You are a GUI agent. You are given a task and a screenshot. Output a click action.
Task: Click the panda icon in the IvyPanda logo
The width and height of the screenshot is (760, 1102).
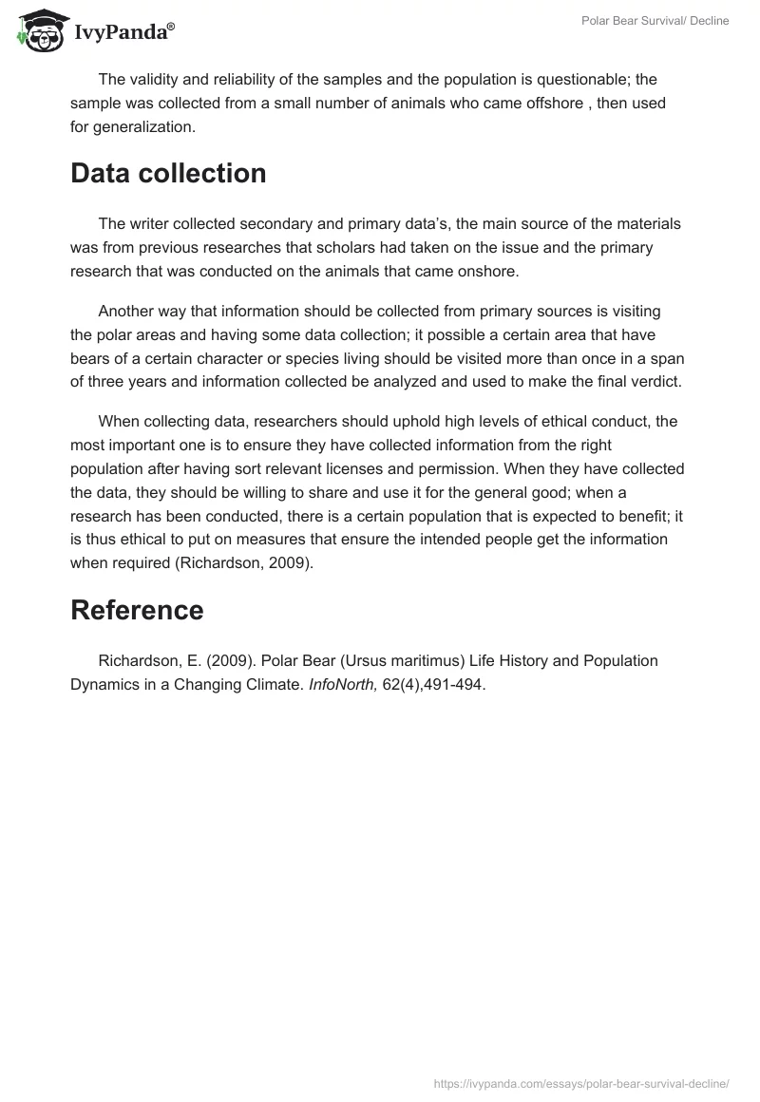click(x=38, y=29)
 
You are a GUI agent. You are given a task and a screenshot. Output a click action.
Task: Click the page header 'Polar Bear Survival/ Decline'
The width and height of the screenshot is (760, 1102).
click(x=655, y=21)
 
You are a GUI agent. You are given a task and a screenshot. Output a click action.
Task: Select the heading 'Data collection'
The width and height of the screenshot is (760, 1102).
click(x=168, y=174)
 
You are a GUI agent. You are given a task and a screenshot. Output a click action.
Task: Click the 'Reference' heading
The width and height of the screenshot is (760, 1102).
click(x=137, y=610)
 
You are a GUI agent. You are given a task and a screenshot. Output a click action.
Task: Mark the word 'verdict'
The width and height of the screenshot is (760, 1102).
click(x=655, y=381)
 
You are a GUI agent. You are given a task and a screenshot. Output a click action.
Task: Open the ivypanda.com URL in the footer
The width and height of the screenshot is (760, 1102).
click(x=581, y=1083)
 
